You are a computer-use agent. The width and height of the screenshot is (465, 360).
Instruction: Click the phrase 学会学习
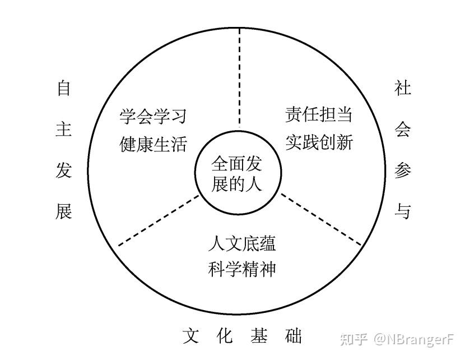point(152,116)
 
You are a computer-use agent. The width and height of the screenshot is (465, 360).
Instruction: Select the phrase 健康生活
point(152,144)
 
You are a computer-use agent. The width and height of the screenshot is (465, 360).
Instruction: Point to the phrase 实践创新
point(319,142)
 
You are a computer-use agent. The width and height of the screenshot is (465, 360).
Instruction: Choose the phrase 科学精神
point(241,270)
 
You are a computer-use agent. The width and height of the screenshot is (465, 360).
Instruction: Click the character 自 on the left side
point(64,88)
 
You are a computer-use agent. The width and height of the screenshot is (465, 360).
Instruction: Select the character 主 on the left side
point(64,130)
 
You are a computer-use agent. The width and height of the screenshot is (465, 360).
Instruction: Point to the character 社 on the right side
point(403,88)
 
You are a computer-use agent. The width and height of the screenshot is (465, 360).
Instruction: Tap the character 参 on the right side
point(403,170)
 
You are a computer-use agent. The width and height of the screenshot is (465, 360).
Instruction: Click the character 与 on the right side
point(403,211)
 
